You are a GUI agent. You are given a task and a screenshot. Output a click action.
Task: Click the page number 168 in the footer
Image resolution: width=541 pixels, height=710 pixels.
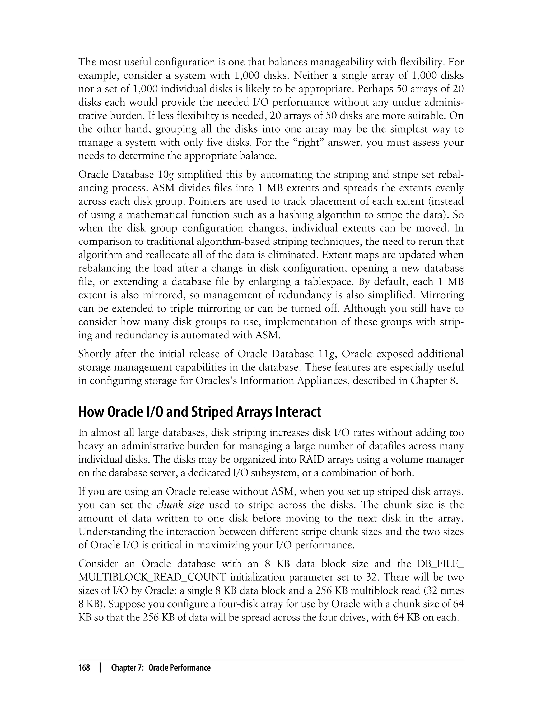coord(84,667)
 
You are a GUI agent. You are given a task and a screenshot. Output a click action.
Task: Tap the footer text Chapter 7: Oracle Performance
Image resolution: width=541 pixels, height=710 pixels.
coord(161,667)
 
